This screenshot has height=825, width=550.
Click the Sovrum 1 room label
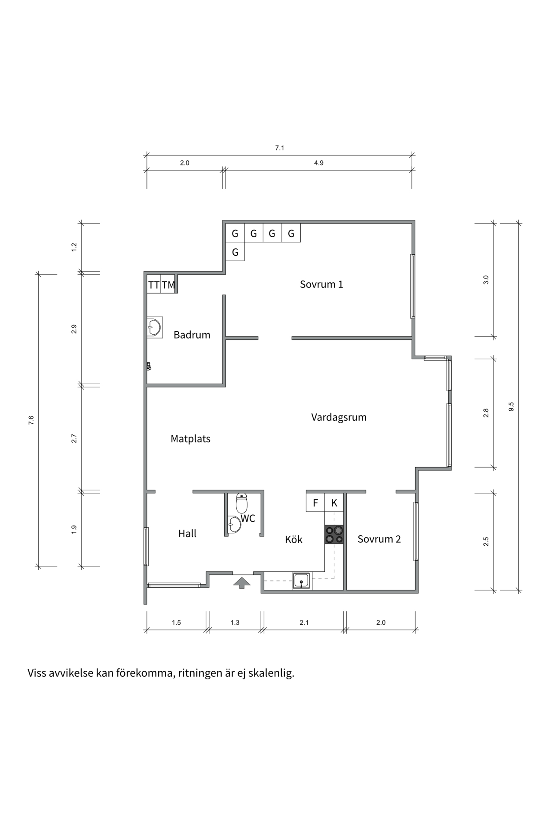tap(321, 284)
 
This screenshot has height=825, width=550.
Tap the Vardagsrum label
tap(339, 417)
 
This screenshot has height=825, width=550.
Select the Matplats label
tap(190, 439)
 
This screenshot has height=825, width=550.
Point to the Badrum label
tap(192, 335)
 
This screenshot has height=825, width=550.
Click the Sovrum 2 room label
tap(379, 539)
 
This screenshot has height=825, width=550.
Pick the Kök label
tap(294, 539)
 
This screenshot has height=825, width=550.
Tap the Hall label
tap(187, 534)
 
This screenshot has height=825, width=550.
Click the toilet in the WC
tap(242, 504)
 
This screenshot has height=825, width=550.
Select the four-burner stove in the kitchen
tap(334, 535)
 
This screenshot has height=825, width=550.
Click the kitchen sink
tap(302, 580)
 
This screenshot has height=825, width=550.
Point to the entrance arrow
tap(242, 582)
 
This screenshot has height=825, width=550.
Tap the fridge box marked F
tap(315, 503)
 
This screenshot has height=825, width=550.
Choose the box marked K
tap(334, 503)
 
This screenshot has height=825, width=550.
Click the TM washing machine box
tap(168, 284)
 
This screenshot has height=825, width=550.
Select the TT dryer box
tap(154, 284)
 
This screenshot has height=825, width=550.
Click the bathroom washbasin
tap(154, 327)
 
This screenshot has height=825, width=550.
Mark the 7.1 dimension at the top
tap(280, 148)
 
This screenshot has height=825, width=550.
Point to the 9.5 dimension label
tap(511, 407)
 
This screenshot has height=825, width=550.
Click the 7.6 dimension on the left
tap(31, 420)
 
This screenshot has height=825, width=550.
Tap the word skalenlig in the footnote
tap(274, 673)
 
